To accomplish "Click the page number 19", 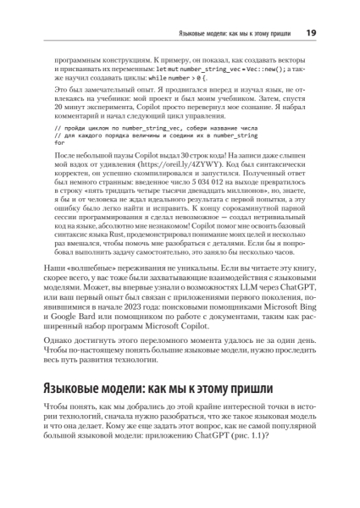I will click(x=311, y=32).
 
